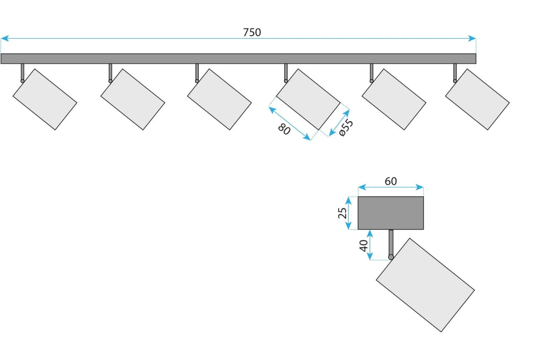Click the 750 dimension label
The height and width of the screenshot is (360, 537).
coord(252,32)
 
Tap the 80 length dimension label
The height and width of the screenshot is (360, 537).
coord(284,129)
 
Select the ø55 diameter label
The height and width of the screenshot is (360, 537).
coord(346,128)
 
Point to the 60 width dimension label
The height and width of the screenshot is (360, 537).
coord(391,181)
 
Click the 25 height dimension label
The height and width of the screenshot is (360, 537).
coord(342,213)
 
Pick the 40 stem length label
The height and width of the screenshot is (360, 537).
coord(364,246)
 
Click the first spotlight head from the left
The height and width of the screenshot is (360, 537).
coord(45,99)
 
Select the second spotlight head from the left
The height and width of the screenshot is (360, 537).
coord(133,99)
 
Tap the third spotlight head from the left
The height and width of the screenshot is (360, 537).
coord(220,99)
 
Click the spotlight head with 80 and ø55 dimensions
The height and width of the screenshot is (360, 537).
coord(308,99)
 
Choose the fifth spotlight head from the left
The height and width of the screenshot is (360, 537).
coord(394,99)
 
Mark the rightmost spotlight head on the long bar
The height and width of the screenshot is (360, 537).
coord(477,99)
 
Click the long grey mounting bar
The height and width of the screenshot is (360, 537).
coord(239,59)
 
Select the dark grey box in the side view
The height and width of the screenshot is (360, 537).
coord(391,213)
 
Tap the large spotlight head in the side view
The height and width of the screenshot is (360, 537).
coord(425,285)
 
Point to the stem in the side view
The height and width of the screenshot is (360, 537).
coord(391,242)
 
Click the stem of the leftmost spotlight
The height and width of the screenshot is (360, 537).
coord(23,72)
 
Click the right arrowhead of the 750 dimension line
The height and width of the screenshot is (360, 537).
coord(472,38)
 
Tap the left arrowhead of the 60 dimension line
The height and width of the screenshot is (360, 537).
coord(362,187)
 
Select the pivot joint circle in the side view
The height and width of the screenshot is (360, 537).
coord(391,257)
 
